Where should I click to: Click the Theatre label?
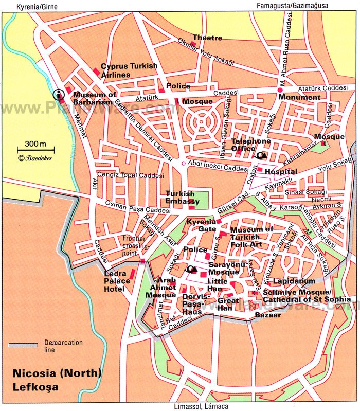(207, 38)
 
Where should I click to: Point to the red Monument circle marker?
(281, 90)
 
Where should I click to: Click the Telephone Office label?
(251, 145)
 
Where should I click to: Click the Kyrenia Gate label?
(202, 224)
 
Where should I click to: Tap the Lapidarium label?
(294, 282)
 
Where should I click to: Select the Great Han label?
(228, 304)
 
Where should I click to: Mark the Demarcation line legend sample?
(23, 344)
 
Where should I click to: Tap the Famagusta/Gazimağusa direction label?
(290, 5)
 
